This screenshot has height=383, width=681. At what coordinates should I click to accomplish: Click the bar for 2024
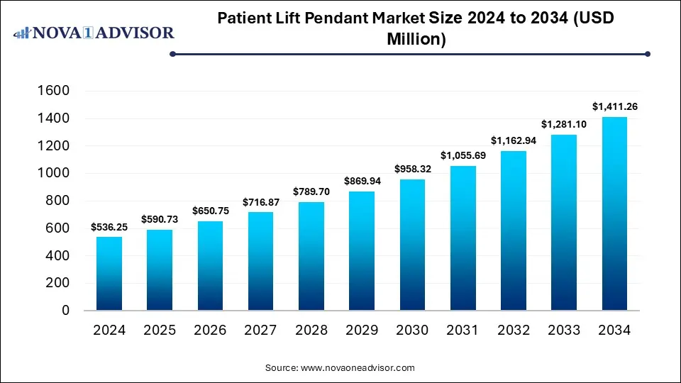pos(109,274)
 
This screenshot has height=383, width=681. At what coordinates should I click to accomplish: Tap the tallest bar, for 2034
pos(614,213)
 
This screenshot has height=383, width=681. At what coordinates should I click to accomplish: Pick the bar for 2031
pos(463,238)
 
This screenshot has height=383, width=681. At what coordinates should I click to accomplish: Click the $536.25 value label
pos(109,227)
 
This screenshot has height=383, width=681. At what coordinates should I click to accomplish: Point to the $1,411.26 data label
pos(614,107)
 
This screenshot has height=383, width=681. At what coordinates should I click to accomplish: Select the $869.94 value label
pos(361,182)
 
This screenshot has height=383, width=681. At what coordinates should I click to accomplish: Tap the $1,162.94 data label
pos(513,141)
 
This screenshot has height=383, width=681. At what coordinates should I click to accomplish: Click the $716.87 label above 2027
pos(260,202)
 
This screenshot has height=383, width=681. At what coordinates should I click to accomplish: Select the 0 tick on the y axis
pos(65,311)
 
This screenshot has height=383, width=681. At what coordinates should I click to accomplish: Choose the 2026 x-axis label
pos(210,330)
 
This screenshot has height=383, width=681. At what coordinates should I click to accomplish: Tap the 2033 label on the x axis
pos(563,330)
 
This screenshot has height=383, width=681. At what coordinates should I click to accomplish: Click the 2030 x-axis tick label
pos(411,330)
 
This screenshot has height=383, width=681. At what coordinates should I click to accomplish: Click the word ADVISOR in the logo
pos(136,33)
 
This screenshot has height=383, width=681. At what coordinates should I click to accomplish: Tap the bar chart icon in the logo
pos(23,33)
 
